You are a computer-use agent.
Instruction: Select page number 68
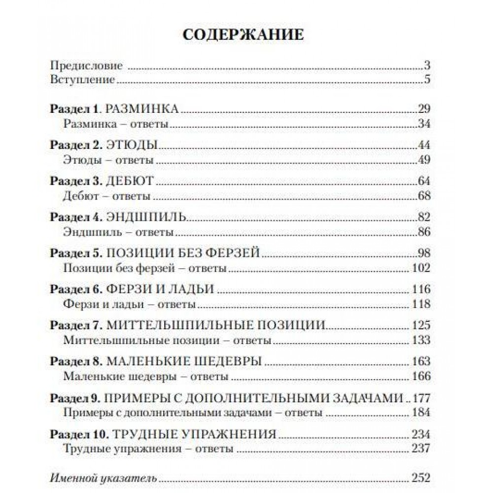point(423,196)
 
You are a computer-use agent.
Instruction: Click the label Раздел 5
point(75,253)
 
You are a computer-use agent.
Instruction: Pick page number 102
point(420,268)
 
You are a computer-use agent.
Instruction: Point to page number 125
point(420,325)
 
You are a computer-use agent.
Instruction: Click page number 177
point(420,398)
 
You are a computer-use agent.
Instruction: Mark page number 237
point(420,449)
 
